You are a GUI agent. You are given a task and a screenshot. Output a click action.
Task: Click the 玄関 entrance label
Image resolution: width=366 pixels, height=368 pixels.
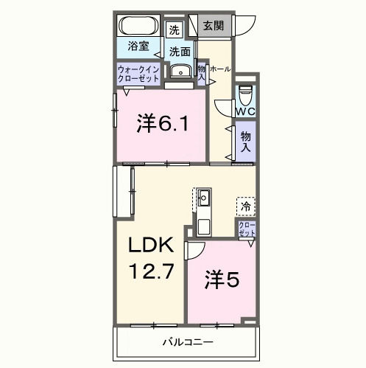tap(213, 25)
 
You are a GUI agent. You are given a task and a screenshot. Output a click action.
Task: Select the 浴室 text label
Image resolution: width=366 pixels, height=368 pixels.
tap(138, 46)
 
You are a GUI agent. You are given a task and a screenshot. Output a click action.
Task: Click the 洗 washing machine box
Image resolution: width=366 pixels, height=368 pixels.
tap(174, 29)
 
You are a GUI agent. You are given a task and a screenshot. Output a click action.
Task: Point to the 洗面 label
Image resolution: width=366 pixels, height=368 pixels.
tap(180, 52)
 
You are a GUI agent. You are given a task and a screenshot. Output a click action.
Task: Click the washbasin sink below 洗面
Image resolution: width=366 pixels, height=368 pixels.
tap(180, 72)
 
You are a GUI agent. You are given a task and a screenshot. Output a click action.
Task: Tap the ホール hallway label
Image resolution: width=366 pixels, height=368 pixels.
tap(220, 69)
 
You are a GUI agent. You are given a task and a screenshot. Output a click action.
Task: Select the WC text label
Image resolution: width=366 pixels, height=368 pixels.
tap(245, 111)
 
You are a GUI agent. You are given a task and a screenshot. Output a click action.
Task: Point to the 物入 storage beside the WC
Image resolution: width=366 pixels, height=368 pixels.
tap(245, 142)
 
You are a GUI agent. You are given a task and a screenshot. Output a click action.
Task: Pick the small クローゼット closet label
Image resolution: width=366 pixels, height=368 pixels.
tap(247, 229)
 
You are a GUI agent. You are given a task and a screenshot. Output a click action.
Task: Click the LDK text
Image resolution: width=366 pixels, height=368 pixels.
tap(152, 246)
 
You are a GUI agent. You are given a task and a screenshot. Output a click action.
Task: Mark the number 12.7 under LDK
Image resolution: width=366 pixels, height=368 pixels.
tap(152, 271)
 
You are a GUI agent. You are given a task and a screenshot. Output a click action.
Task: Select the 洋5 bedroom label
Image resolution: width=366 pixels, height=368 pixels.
tap(221, 280)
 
